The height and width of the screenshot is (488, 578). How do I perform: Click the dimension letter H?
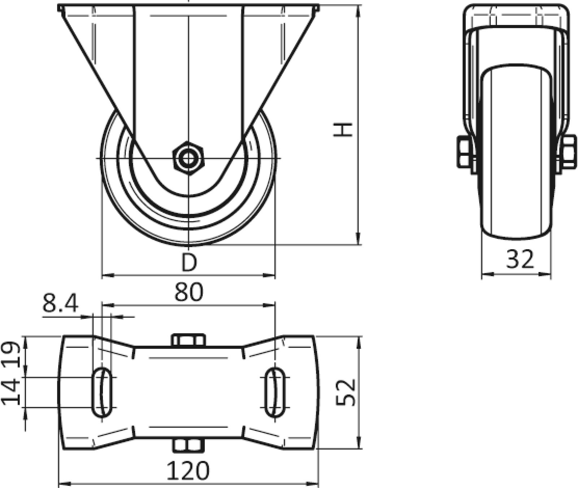coord(342,130)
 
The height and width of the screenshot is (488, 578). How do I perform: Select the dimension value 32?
coord(520,259)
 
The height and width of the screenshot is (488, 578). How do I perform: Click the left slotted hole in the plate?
coord(103,392)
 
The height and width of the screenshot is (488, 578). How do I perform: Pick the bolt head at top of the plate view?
coord(188,340)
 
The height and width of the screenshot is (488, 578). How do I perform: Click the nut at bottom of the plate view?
coord(187,445)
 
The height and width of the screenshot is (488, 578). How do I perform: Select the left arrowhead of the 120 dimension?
coord(63,483)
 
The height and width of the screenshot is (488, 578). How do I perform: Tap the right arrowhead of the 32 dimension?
coord(547,274)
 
